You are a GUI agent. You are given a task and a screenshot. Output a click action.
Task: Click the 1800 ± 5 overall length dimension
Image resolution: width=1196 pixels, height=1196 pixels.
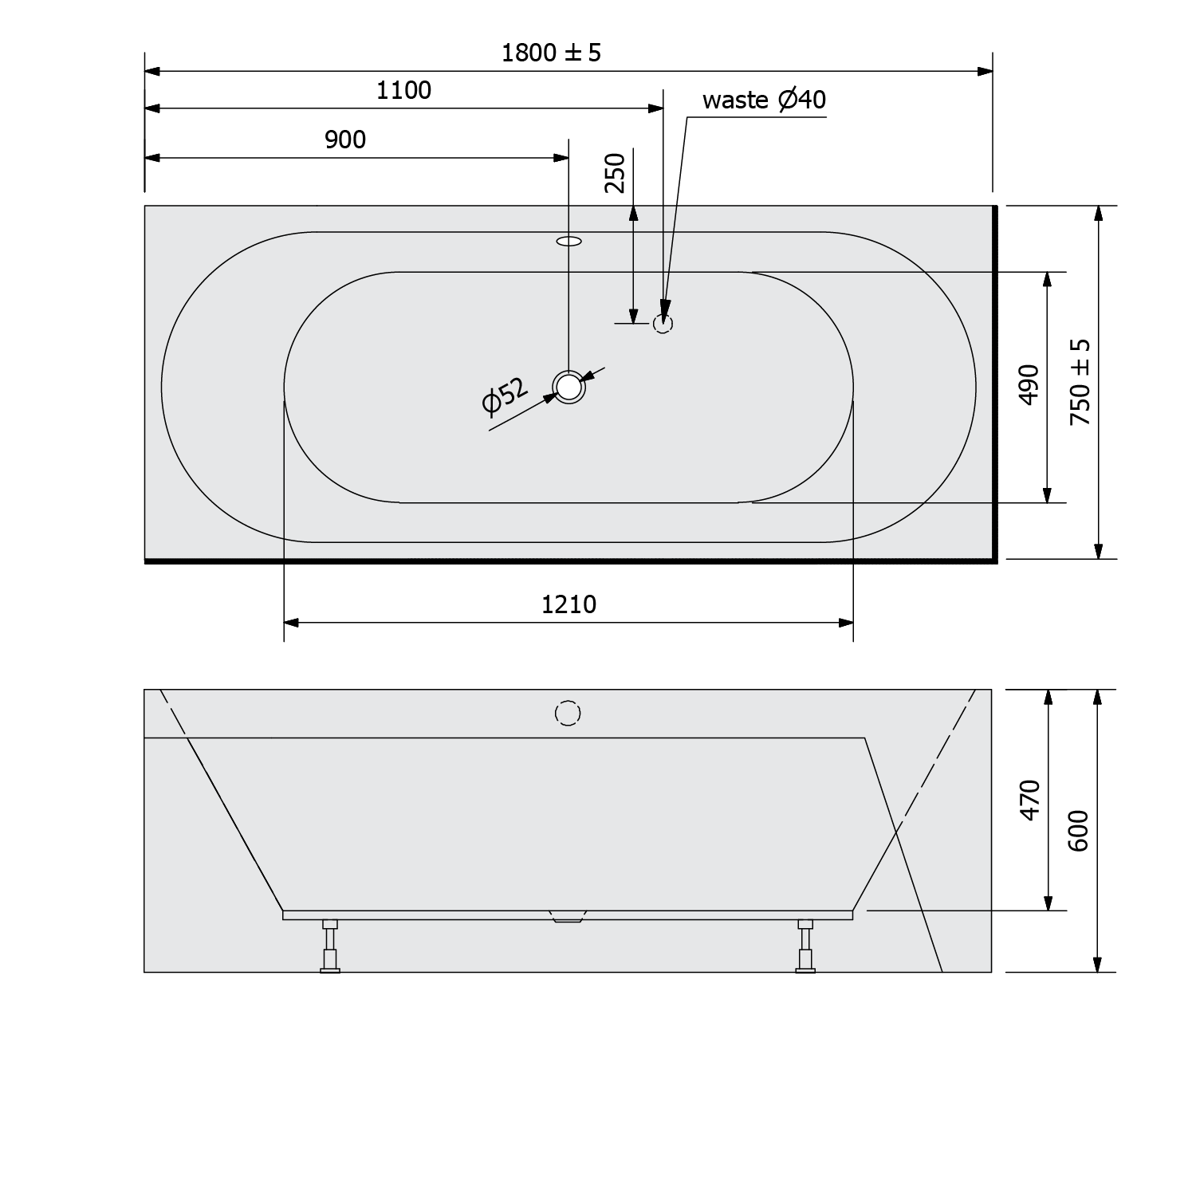click(x=551, y=53)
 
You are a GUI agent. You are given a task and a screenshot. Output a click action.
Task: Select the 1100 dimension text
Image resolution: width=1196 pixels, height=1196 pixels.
click(x=403, y=90)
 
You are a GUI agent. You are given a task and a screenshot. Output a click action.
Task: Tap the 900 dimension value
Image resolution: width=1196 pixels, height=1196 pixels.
click(x=345, y=140)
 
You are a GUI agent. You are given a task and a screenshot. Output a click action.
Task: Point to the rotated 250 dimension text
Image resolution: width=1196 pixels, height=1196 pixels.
click(x=615, y=172)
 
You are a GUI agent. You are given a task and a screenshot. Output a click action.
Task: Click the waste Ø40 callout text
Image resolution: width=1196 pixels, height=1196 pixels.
click(x=763, y=100)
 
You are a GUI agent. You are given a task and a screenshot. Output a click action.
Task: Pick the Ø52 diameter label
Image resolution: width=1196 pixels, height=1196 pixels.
click(x=505, y=396)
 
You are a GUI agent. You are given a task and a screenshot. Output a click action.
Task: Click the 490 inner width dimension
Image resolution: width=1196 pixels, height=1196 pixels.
click(x=1029, y=384)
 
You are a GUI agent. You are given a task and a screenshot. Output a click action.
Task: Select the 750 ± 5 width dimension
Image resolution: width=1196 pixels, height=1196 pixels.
click(x=1080, y=382)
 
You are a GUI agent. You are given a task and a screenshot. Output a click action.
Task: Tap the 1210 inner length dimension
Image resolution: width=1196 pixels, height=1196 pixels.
click(x=568, y=604)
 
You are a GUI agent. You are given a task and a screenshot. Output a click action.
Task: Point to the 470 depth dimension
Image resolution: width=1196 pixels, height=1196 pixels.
click(x=1030, y=800)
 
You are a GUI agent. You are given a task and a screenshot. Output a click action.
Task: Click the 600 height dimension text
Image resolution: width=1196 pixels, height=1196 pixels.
click(x=1078, y=831)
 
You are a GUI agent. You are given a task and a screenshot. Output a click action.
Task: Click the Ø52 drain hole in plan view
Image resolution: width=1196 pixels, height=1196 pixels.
click(x=568, y=387)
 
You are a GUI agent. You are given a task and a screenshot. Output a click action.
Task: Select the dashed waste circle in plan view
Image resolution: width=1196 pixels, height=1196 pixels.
click(x=663, y=324)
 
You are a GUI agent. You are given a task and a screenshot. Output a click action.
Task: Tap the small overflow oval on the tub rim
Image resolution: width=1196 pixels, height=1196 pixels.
click(x=568, y=240)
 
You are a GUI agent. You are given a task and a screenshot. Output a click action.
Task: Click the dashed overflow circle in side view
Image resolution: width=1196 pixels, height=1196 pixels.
click(x=568, y=713)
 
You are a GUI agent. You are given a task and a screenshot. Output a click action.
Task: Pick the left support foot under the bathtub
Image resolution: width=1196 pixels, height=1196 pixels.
click(x=329, y=947)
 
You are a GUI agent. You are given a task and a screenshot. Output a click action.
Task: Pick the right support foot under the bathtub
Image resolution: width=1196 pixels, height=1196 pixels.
click(x=806, y=947)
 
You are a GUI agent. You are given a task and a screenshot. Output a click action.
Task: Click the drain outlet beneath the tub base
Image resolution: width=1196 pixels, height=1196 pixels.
click(x=568, y=916)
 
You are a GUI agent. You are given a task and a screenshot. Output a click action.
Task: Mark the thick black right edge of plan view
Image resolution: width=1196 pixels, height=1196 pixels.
click(x=994, y=383)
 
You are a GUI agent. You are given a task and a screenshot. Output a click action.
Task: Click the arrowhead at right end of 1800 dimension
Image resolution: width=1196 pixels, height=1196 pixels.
click(x=985, y=72)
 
